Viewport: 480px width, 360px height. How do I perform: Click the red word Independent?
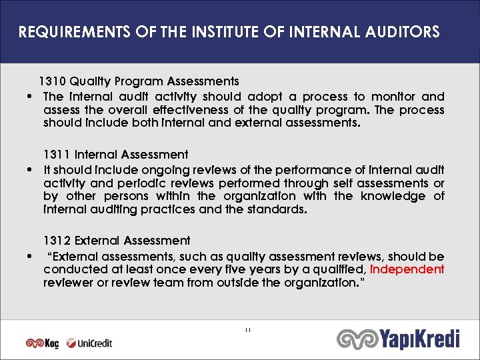[407, 269]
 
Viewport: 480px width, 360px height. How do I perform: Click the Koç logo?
[42, 343]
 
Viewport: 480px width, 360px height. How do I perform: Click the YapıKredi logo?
[398, 339]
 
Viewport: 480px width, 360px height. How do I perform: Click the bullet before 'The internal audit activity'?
[32, 97]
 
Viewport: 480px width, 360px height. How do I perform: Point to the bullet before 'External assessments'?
[32, 257]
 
